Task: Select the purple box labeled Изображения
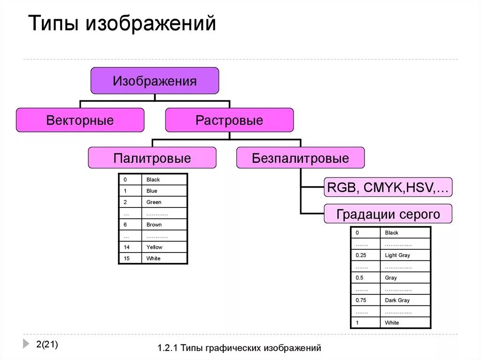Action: pos(155,81)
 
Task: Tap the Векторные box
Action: pos(80,120)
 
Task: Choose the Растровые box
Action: pos(229,120)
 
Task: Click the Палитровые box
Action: pos(152,158)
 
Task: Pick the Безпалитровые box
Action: pos(300,158)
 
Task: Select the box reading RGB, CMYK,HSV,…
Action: pos(388,188)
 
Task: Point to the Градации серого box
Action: pos(388,214)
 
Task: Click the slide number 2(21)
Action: pos(47,345)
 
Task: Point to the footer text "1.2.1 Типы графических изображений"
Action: pos(240,348)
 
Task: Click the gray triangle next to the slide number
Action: pos(26,344)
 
